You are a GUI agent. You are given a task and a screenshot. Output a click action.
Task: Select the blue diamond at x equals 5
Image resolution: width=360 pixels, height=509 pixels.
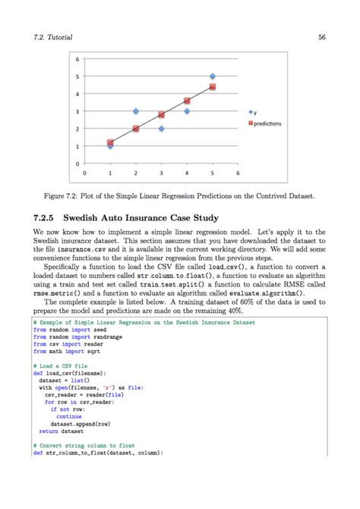point(212,76)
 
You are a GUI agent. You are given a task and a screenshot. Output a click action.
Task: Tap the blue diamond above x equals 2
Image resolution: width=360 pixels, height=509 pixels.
point(136,111)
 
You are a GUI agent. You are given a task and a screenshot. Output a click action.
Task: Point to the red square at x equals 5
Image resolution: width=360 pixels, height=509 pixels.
point(212,87)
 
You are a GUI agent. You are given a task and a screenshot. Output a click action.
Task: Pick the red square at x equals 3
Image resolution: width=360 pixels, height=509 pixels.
point(161,115)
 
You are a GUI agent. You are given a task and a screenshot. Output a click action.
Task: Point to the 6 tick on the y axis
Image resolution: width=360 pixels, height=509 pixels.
point(77,58)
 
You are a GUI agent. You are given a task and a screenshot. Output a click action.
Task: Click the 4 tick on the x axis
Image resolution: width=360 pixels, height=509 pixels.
point(187,173)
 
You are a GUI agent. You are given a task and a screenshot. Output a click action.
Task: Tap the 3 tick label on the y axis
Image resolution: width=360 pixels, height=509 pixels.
point(77,112)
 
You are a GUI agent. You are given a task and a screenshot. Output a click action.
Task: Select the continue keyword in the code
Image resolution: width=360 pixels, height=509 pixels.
point(68,416)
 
